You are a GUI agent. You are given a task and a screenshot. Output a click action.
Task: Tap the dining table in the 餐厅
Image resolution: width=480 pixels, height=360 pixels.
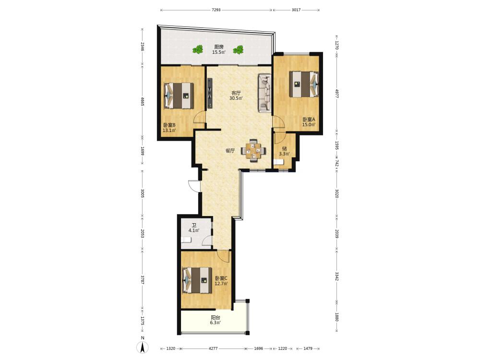[253, 150]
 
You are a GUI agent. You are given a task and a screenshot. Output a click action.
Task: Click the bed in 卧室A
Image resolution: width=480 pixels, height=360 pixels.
[304, 84]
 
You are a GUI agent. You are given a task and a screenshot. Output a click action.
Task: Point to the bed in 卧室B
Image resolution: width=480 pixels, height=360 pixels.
[179, 96]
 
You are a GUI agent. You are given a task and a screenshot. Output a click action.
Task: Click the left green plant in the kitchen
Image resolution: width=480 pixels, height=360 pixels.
[198, 49]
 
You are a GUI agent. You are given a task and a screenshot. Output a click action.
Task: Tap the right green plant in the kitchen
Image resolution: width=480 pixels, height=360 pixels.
[238, 49]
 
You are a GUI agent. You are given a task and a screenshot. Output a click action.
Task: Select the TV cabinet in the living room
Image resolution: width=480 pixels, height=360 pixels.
[210, 93]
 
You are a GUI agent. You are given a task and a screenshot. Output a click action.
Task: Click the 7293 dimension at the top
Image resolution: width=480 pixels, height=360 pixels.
[216, 10]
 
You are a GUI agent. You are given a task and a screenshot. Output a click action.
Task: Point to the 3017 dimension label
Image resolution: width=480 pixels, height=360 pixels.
[296, 10]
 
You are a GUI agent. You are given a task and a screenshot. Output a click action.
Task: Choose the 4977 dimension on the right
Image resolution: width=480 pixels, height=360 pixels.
[336, 94]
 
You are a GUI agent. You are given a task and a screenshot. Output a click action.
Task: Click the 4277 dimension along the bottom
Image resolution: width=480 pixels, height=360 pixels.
[213, 348]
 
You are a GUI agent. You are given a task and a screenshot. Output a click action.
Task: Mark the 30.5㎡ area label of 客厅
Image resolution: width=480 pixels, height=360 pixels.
[236, 98]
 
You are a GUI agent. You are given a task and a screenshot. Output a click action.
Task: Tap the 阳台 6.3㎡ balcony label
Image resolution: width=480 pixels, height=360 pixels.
[216, 320]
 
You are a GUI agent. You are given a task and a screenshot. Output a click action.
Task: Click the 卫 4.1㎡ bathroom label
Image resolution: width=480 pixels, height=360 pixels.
[194, 228]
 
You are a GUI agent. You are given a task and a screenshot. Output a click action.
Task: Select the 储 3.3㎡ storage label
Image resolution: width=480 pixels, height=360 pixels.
[284, 151]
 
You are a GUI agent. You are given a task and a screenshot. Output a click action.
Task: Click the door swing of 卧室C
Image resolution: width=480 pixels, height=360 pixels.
[224, 256]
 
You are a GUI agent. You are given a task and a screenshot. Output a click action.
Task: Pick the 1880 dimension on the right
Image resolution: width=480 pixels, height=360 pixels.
[336, 317]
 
